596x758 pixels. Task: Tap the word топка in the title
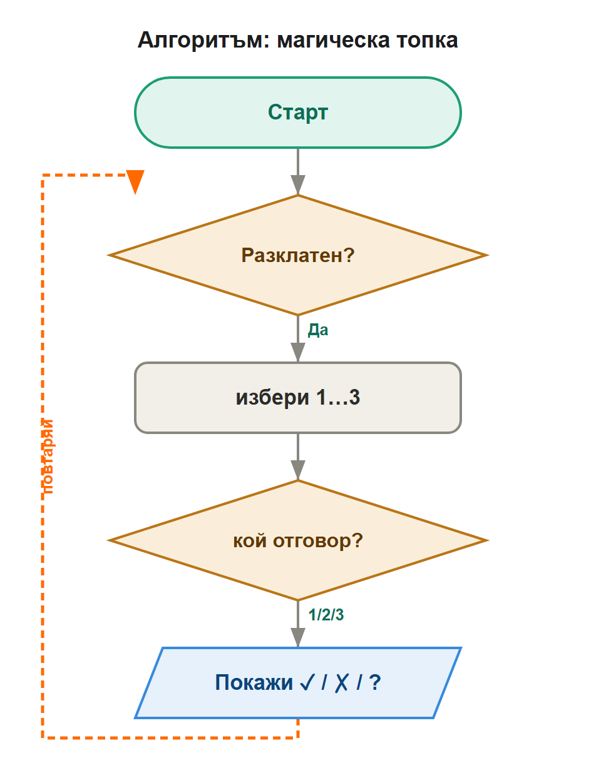click(427, 41)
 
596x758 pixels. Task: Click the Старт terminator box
click(298, 113)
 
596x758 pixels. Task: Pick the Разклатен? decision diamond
click(298, 255)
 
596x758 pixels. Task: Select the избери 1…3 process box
click(298, 398)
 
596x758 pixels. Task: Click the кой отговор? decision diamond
click(298, 540)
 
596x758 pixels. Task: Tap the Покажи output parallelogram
click(298, 683)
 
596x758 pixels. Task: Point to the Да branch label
click(318, 330)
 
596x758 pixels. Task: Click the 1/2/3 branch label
click(326, 615)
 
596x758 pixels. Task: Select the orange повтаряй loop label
click(47, 457)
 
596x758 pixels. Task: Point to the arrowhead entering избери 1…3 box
click(298, 352)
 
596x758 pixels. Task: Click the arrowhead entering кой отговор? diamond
click(298, 470)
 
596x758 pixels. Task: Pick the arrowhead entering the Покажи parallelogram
click(298, 637)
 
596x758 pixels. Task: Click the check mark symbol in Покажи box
click(307, 682)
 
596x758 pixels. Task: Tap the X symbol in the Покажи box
click(341, 683)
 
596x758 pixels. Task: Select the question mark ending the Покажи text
click(375, 683)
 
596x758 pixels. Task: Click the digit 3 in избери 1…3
click(354, 397)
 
